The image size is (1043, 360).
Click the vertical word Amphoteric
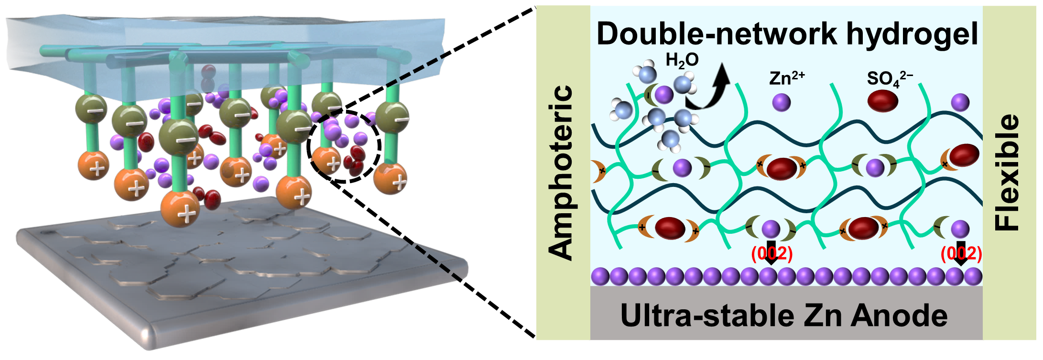tap(562, 172)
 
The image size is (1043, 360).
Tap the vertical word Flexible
tap(1008, 172)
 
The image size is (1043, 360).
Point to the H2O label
tap(682, 60)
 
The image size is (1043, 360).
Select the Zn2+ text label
tap(787, 77)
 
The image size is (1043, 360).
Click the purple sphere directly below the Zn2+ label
tap(782, 102)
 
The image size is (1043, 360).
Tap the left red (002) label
tap(771, 253)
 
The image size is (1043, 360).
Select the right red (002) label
tap(961, 253)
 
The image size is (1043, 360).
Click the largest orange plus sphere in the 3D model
tap(180, 209)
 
